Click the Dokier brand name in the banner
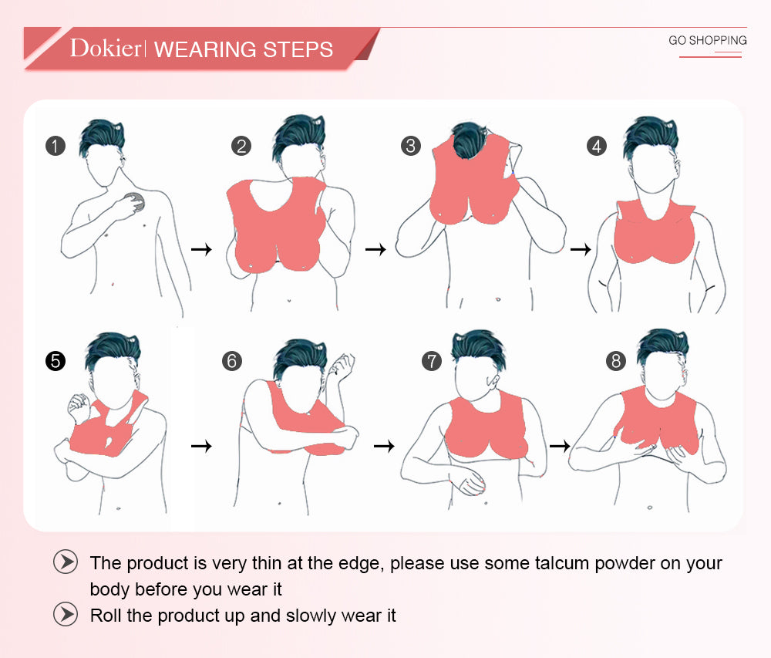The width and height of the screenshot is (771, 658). click(105, 48)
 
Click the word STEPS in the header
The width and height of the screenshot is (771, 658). click(298, 49)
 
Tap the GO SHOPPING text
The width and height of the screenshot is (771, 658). click(708, 40)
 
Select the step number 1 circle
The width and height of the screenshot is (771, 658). click(56, 146)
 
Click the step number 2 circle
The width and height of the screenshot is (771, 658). click(241, 146)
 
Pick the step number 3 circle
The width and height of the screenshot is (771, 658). click(411, 146)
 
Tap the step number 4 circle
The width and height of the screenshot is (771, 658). click(597, 146)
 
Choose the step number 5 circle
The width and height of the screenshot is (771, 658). click(56, 361)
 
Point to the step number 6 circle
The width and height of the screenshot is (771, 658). click(232, 361)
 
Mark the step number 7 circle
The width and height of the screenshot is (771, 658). click(432, 361)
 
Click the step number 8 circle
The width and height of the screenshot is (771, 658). click(616, 361)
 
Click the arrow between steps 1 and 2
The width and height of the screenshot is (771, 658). click(201, 249)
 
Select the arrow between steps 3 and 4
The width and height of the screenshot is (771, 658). click(581, 249)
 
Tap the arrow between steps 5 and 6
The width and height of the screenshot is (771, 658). click(201, 446)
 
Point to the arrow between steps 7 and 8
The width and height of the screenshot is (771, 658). click(560, 446)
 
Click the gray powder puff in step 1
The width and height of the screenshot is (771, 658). click(135, 202)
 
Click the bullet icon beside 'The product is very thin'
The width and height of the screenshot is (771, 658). click(66, 562)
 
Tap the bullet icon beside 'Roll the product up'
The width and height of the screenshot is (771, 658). click(66, 614)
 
